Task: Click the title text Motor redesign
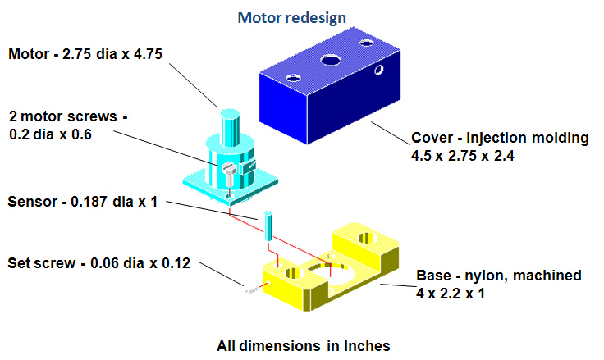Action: pyautogui.click(x=291, y=17)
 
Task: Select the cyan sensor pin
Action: pyautogui.click(x=268, y=225)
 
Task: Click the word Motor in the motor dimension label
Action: pyautogui.click(x=30, y=55)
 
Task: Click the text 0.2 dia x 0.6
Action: pyautogui.click(x=50, y=134)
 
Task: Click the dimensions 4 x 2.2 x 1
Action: pyautogui.click(x=450, y=291)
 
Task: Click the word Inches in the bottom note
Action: pyautogui.click(x=366, y=345)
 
